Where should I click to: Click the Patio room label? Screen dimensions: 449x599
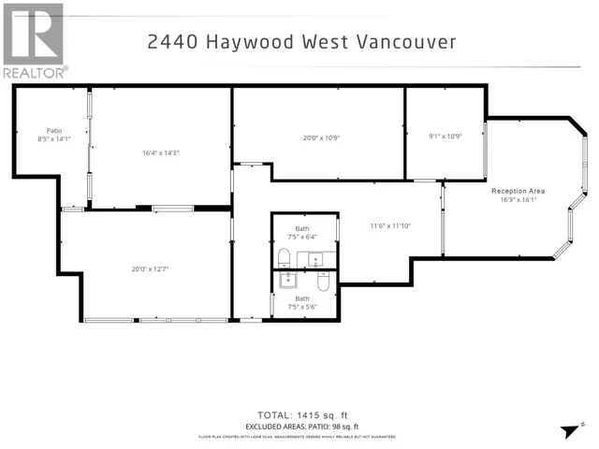click(x=54, y=130)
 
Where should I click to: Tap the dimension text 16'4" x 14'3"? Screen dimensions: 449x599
click(x=161, y=152)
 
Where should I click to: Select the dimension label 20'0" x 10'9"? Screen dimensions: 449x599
click(x=320, y=138)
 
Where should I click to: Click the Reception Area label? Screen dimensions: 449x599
click(x=519, y=191)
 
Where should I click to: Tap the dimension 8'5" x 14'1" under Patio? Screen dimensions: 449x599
click(x=54, y=138)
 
